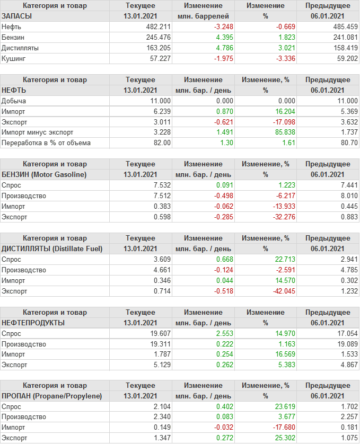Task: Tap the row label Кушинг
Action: pos(14,58)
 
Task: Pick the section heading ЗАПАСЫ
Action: pos(17,16)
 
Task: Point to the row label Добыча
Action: pos(14,101)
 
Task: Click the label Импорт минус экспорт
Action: pos(37,132)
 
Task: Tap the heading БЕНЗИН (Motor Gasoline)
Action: pos(44,174)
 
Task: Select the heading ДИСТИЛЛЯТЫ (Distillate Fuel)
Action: pos(52,248)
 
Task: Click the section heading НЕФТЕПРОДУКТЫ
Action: pos(33,323)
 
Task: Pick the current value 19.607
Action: pos(160,333)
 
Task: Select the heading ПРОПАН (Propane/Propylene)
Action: pos(51,396)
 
